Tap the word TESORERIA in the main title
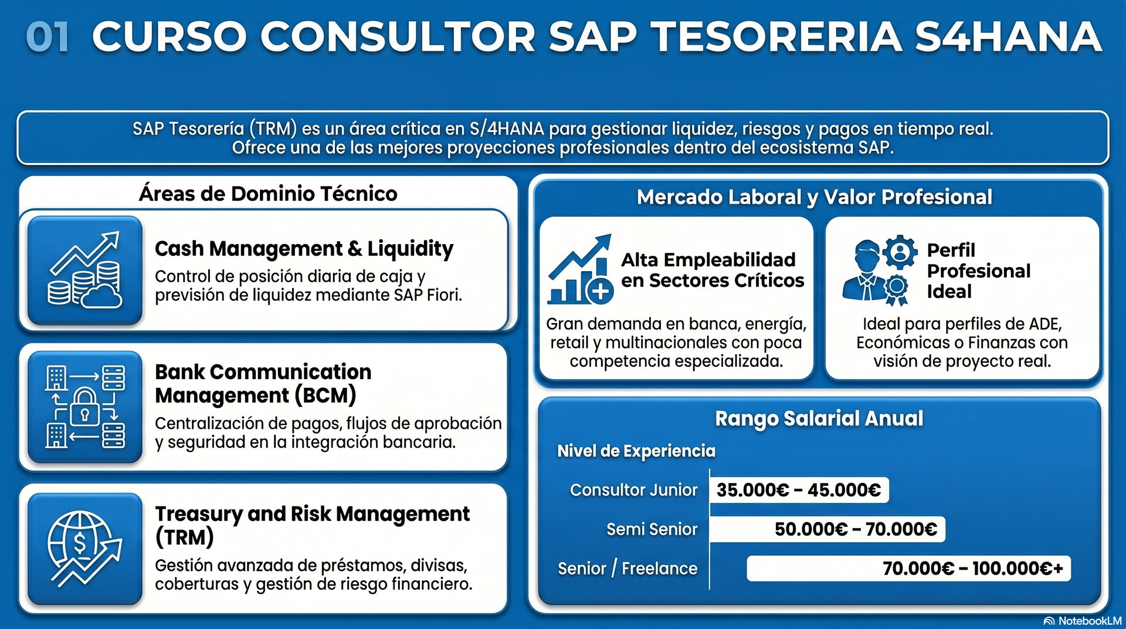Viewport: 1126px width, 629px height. click(777, 36)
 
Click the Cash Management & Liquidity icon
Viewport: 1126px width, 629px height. click(85, 270)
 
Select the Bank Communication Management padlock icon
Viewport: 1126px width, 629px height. click(85, 407)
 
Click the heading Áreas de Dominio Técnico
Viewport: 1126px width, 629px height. click(268, 194)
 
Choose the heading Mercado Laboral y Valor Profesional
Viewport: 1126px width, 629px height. click(815, 197)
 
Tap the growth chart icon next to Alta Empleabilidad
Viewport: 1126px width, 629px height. click(580, 269)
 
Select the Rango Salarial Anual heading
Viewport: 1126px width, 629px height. click(819, 418)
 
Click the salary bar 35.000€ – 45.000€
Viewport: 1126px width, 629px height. click(799, 490)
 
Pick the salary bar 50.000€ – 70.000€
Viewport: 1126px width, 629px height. click(827, 529)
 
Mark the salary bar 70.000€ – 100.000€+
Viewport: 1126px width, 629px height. click(908, 569)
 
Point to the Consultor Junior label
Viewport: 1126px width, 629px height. click(633, 490)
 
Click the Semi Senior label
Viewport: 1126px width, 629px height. click(652, 529)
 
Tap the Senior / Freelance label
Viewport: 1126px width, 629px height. click(628, 569)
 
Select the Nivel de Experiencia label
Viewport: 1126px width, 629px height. click(636, 451)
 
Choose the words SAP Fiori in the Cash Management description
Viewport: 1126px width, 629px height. click(428, 295)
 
